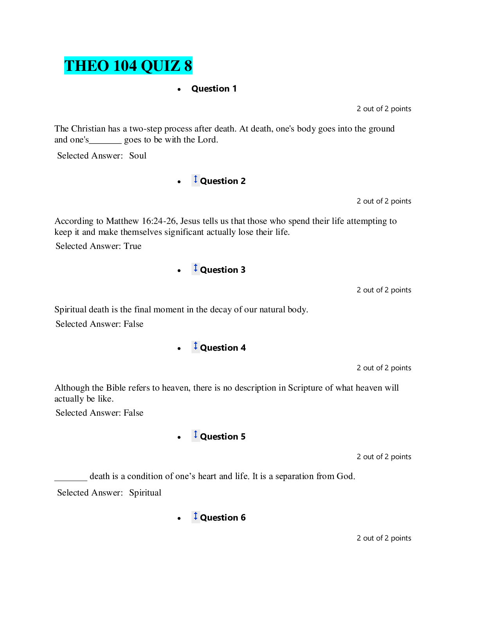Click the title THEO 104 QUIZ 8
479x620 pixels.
pos(128,66)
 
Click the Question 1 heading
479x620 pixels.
pos(214,89)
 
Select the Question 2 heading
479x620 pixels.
pos(223,181)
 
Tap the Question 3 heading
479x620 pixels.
pos(223,270)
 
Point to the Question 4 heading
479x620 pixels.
pos(223,348)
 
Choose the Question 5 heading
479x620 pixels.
pos(223,437)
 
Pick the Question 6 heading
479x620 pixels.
pos(223,518)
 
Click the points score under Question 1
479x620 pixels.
pos(384,109)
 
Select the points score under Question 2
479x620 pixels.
pos(384,201)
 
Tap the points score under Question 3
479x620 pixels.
pos(384,290)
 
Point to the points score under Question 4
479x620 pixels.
pos(384,368)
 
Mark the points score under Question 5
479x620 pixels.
pos(384,457)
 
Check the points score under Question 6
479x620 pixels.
pos(384,538)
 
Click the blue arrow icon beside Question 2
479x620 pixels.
pos(196,180)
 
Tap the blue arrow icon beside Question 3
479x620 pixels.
pos(196,268)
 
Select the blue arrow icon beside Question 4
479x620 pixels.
pos(196,346)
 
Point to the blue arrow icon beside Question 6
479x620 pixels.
pos(196,516)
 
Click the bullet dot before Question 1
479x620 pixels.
pos(179,90)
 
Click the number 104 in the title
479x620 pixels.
pos(125,66)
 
